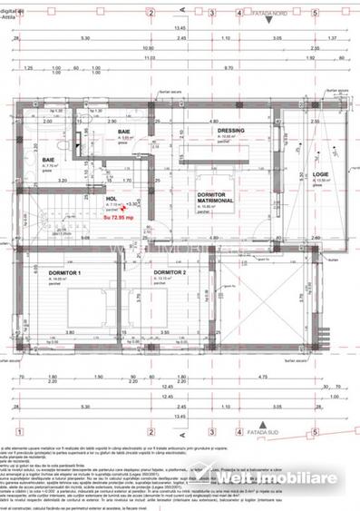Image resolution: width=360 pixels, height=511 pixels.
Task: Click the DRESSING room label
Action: click(231, 130)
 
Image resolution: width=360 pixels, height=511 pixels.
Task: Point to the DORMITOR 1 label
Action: click(65, 271)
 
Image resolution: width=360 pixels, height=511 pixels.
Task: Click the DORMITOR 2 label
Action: click(170, 271)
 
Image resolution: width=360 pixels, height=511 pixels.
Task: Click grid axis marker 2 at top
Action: click(151, 14)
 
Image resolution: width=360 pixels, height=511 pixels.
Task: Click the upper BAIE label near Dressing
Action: click(122, 133)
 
